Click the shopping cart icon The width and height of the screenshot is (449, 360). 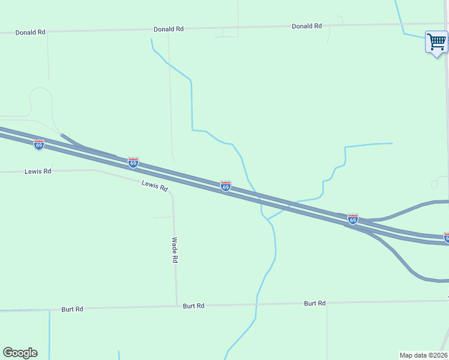[x=437, y=42]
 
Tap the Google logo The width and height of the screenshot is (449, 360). [x=20, y=353]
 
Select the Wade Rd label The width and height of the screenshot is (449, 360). [x=175, y=250]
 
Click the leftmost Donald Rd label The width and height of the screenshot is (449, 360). [x=31, y=32]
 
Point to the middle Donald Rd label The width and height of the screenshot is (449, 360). [x=168, y=29]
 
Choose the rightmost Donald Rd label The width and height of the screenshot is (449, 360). [x=307, y=26]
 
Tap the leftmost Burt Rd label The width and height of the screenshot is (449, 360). [x=72, y=309]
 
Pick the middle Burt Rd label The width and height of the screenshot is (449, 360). [x=194, y=305]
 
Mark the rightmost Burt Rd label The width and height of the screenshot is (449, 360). [x=315, y=303]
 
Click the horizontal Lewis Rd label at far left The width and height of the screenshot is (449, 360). [x=38, y=171]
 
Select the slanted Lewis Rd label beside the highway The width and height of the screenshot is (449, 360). [x=154, y=186]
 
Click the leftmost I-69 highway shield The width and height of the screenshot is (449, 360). [x=39, y=145]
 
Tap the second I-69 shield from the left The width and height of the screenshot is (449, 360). [x=133, y=163]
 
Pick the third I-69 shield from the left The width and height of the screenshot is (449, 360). [x=226, y=186]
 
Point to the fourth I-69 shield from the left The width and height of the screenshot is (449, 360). [x=353, y=220]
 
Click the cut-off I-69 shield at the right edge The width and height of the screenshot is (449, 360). [x=446, y=238]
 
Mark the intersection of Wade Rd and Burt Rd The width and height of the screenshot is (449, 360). [x=177, y=305]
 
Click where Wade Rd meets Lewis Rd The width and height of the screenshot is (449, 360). [x=172, y=194]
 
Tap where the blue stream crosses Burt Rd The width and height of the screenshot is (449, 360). [x=256, y=304]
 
